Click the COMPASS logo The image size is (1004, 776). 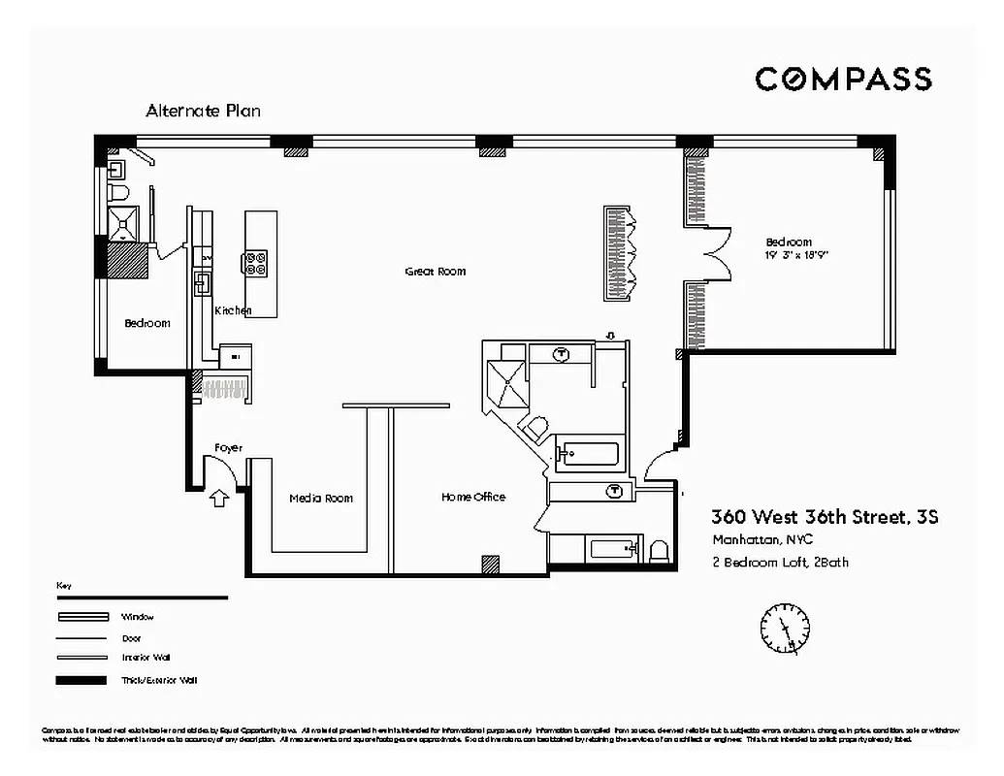[x=843, y=80]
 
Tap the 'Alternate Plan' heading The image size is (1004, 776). [x=203, y=111]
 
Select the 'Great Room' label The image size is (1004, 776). [x=435, y=272]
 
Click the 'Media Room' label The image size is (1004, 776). [x=321, y=499]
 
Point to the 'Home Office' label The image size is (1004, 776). [x=473, y=497]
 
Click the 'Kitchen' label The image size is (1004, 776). [x=233, y=310]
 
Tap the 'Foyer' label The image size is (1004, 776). [x=228, y=447]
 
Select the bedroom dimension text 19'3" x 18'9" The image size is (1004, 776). [x=796, y=255]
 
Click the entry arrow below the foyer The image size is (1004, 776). [x=219, y=499]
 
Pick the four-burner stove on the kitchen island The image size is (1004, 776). [x=256, y=263]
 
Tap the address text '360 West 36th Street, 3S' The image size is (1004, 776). [x=825, y=517]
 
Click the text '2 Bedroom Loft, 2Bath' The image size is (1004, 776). [x=780, y=562]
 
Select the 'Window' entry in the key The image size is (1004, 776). [x=138, y=617]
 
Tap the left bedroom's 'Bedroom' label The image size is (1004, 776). [x=147, y=323]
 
